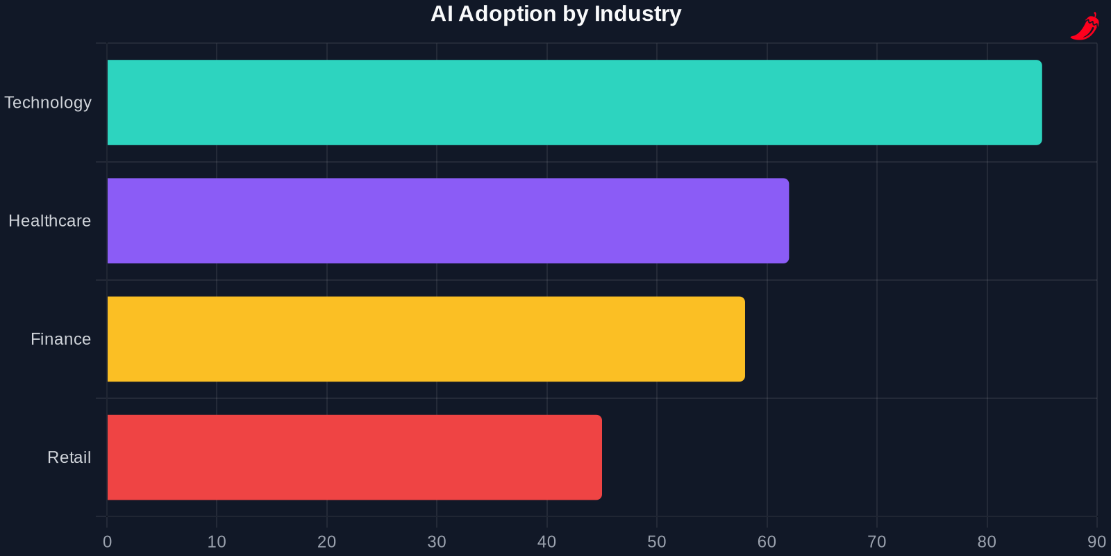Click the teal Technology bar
point(574,102)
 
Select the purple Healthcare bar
point(448,220)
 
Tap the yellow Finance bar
point(426,338)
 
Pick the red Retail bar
point(354,457)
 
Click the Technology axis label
point(48,102)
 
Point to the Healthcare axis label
point(49,220)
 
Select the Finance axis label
point(60,338)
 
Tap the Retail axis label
point(69,457)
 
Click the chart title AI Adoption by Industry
point(555,14)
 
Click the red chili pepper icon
point(1085,26)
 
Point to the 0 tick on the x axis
point(107,541)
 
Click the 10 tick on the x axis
point(217,541)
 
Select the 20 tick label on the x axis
point(326,541)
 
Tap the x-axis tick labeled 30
point(437,541)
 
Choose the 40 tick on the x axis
point(546,541)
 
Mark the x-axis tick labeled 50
point(657,541)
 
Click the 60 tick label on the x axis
point(767,541)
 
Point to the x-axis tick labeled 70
point(877,541)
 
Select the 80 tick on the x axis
point(987,541)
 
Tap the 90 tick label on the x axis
point(1096,541)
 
